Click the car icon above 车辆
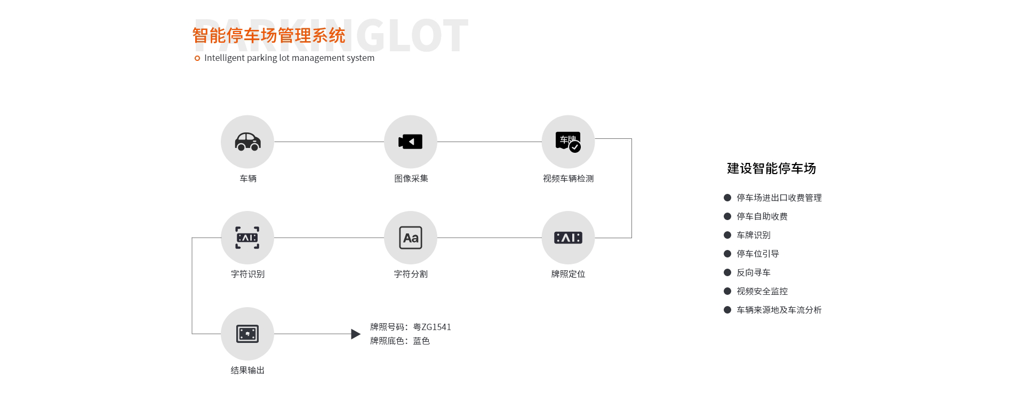(x=247, y=142)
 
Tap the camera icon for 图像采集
(x=410, y=142)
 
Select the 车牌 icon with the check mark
(x=568, y=142)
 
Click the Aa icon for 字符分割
(x=410, y=238)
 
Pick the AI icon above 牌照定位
(x=568, y=238)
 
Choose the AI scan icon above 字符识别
(x=247, y=238)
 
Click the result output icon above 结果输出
(x=247, y=334)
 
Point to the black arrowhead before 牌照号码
(x=356, y=334)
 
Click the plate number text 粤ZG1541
(x=432, y=327)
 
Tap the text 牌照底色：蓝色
(x=399, y=341)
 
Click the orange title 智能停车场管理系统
(x=269, y=35)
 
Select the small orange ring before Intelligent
(x=197, y=58)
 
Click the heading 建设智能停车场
(x=771, y=169)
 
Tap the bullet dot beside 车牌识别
(x=727, y=235)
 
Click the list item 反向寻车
(x=753, y=272)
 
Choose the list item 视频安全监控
(x=762, y=291)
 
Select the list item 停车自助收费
(x=762, y=216)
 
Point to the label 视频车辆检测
(x=568, y=178)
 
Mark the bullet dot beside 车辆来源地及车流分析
(x=727, y=310)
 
